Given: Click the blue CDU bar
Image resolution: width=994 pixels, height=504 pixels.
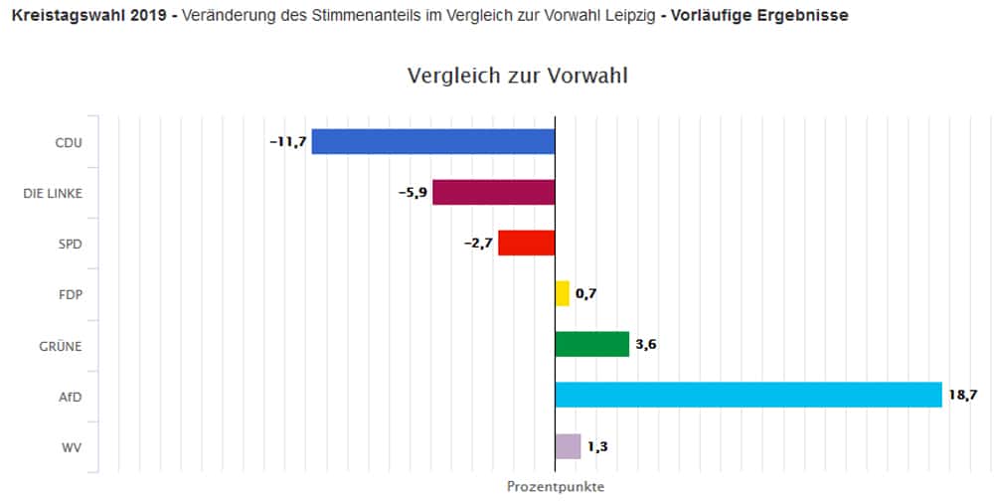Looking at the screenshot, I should pyautogui.click(x=433, y=141).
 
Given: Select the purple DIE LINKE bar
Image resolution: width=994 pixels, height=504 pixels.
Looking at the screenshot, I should pyautogui.click(x=493, y=192).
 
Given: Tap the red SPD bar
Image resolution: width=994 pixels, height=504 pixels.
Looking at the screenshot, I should pyautogui.click(x=526, y=243).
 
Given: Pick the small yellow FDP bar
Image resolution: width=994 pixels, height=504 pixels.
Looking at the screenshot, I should pyautogui.click(x=563, y=293).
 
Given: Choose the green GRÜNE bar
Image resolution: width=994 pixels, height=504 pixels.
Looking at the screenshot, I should pyautogui.click(x=591, y=344).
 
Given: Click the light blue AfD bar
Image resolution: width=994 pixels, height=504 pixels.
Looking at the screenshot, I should pyautogui.click(x=747, y=395).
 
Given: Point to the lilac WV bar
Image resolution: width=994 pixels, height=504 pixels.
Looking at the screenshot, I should pyautogui.click(x=568, y=446).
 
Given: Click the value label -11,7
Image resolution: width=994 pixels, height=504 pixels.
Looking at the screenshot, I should pyautogui.click(x=287, y=142).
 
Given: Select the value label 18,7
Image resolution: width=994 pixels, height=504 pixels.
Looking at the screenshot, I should pyautogui.click(x=963, y=396).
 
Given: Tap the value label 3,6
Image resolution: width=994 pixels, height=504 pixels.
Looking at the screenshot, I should pyautogui.click(x=646, y=345).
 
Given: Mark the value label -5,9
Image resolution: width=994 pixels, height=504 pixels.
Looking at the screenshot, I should pyautogui.click(x=413, y=193).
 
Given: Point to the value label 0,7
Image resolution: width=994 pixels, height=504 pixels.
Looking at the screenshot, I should pyautogui.click(x=585, y=294).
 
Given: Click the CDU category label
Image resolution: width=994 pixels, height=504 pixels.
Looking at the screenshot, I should pyautogui.click(x=69, y=142).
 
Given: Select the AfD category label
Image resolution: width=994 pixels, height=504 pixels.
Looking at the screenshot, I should pyautogui.click(x=70, y=396).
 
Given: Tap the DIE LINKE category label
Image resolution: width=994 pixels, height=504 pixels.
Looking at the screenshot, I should pyautogui.click(x=53, y=193).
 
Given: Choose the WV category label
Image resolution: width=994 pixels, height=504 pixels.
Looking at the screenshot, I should pyautogui.click(x=72, y=446).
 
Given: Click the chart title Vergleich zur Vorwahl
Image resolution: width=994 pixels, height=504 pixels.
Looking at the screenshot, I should pyautogui.click(x=518, y=77).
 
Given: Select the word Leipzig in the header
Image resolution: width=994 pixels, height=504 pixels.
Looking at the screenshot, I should pyautogui.click(x=624, y=16).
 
